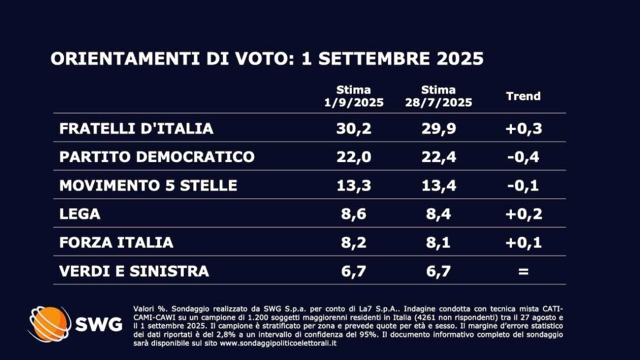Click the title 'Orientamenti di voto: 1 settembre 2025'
(x=267, y=58)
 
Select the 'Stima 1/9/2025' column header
(x=353, y=96)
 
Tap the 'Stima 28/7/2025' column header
(x=438, y=96)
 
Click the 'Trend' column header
(x=523, y=96)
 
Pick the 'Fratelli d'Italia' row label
(x=136, y=128)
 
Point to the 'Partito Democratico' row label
(x=156, y=157)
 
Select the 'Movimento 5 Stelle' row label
(x=148, y=185)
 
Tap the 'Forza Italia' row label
(x=116, y=242)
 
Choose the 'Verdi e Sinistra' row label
(x=134, y=271)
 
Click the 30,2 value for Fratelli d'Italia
(x=353, y=128)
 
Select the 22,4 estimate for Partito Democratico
(x=438, y=157)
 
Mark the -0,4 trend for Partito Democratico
(x=523, y=157)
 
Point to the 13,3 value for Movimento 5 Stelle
(x=353, y=185)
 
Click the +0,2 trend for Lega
(x=523, y=214)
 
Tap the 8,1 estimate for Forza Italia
(x=438, y=242)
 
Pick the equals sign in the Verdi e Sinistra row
(x=523, y=271)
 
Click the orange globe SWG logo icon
(x=49, y=324)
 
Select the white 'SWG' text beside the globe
(x=98, y=324)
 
